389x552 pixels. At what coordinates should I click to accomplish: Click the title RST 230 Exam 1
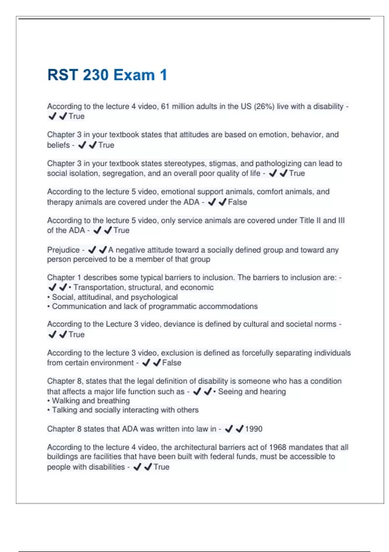[x=107, y=75]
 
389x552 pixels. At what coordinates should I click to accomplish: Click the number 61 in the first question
[x=165, y=107]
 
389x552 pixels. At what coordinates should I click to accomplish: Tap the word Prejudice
[x=63, y=250]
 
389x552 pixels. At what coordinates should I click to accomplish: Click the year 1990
[x=253, y=429]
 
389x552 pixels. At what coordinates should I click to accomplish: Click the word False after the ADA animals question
[x=237, y=202]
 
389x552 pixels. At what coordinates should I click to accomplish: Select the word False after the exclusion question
[x=171, y=363]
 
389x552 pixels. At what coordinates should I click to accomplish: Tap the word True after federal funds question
[x=161, y=467]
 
